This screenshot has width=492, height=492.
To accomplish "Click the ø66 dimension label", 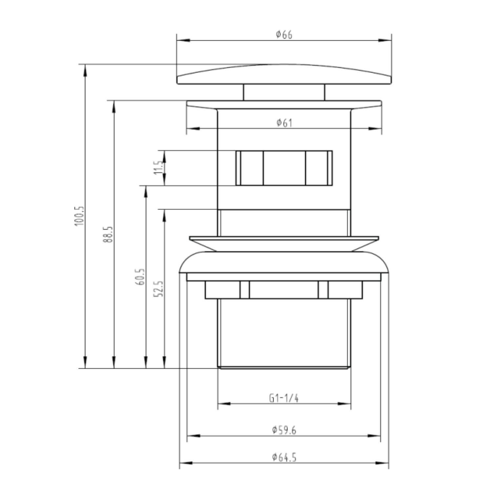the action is point(284,34).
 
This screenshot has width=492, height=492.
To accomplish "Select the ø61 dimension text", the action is point(284,123).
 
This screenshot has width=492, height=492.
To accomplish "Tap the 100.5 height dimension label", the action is point(80,215).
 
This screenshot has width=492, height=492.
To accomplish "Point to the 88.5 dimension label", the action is point(109,234).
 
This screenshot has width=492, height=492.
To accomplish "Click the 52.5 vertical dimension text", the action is point(159,288).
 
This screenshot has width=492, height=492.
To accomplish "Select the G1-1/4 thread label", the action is point(284,398).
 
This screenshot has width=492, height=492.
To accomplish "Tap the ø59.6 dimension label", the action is point(284,430).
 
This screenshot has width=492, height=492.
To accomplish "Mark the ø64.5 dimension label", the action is point(284,457).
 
